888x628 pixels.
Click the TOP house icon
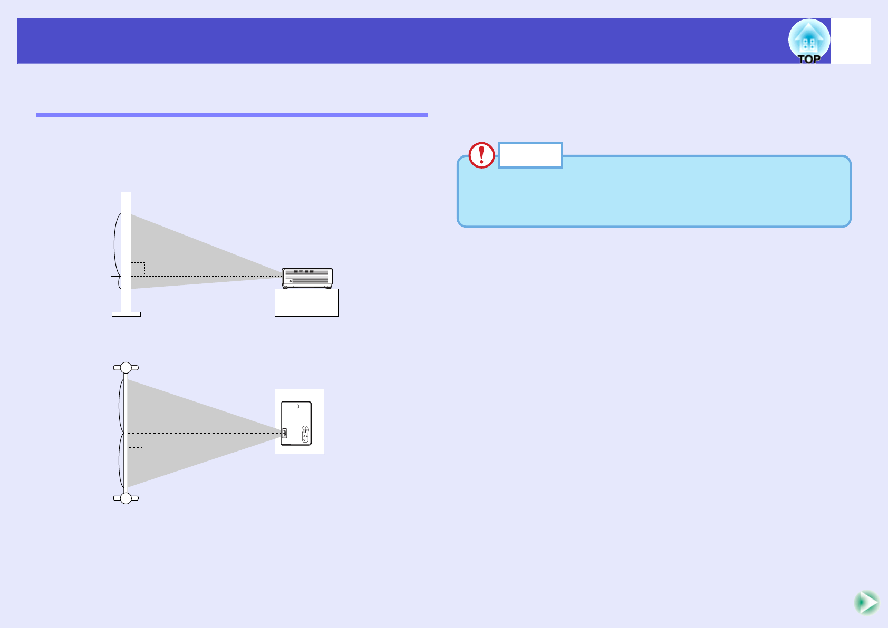tap(809, 41)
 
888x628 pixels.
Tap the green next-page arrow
tap(866, 602)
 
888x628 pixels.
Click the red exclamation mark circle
tap(481, 155)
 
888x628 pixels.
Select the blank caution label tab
tap(530, 155)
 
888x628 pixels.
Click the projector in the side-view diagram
tap(307, 278)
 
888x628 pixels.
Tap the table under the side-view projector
tap(306, 302)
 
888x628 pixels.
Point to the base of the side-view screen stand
tap(126, 314)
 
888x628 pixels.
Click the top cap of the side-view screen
tap(126, 194)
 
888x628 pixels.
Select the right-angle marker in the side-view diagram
tap(138, 269)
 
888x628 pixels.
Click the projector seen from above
tap(296, 423)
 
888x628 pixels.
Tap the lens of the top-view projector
tap(284, 433)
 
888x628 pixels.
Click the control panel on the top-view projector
tap(305, 434)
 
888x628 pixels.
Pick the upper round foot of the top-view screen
tap(126, 368)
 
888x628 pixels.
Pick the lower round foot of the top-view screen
tap(126, 498)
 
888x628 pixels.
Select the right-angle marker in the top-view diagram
tap(135, 440)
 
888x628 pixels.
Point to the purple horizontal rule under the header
tap(231, 114)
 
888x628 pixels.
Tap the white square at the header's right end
tap(850, 41)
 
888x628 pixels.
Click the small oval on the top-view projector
tap(298, 407)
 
